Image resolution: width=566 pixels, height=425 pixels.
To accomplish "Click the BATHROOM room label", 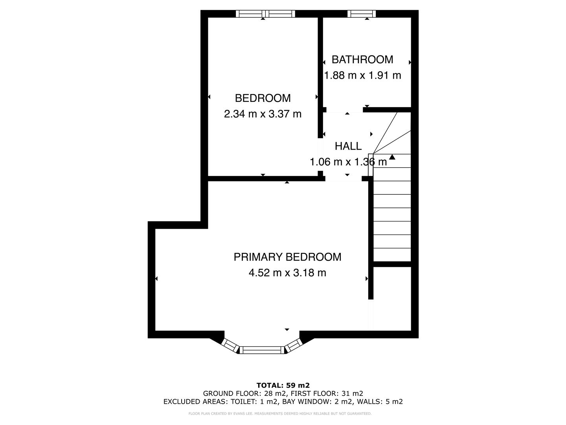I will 362,59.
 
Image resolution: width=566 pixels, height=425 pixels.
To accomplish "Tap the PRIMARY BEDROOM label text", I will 287,257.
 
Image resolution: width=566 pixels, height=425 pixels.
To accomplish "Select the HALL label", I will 348,146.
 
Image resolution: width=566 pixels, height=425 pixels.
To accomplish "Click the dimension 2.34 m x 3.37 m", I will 263,114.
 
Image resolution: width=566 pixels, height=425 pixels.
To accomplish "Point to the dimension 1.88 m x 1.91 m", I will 362,75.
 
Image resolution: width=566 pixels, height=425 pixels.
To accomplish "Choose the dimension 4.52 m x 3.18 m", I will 287,273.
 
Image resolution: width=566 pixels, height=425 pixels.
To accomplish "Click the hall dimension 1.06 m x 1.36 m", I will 348,162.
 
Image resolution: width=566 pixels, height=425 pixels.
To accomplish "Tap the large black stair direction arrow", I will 392,157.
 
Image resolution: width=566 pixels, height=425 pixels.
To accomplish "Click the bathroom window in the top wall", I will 361,14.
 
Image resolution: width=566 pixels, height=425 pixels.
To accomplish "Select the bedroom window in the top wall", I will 265,14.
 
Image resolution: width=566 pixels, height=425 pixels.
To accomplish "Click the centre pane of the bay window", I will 262,349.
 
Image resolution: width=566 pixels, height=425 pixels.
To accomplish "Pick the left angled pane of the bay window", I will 231,346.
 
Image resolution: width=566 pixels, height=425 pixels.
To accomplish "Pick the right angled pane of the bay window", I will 292,346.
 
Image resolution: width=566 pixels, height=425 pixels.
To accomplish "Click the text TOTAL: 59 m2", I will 283,385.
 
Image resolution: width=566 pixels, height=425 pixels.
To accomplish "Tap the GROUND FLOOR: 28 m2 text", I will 241,394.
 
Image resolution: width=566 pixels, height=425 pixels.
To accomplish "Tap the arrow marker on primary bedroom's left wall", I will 156,279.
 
